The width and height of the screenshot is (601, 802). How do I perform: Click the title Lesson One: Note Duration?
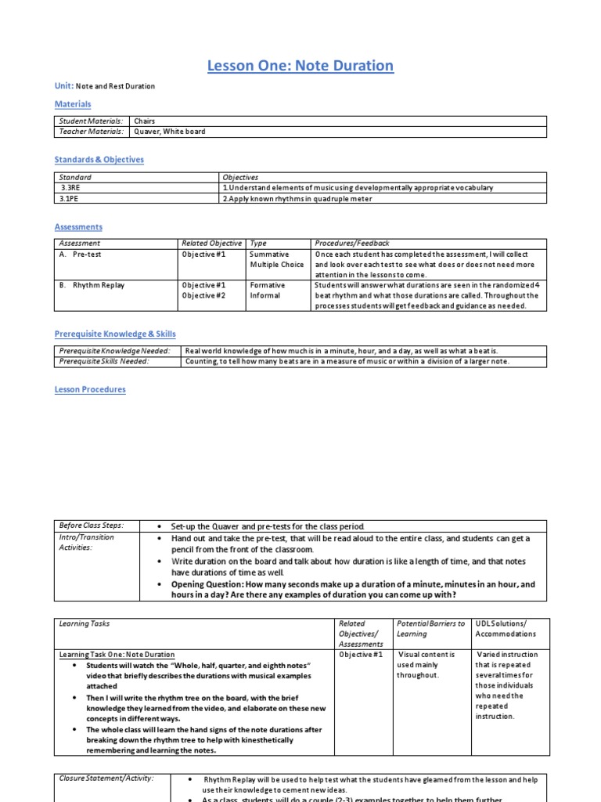click(x=300, y=66)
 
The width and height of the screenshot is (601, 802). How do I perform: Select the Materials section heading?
click(x=73, y=104)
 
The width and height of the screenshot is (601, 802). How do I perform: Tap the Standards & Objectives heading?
click(x=99, y=160)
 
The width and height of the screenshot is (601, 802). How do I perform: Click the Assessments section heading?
click(x=78, y=227)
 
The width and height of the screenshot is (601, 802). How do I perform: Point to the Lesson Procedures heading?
click(x=90, y=389)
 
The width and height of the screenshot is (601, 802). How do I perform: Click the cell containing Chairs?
click(x=145, y=121)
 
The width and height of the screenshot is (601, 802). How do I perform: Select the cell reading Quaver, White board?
click(x=170, y=132)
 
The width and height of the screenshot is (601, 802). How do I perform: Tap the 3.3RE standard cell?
click(x=72, y=188)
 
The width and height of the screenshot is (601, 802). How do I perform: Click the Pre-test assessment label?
click(x=86, y=255)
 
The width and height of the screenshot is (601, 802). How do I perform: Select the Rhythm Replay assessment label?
click(x=98, y=285)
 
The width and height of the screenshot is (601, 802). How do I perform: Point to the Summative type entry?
click(x=269, y=255)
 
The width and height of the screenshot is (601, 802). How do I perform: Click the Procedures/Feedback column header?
click(x=351, y=244)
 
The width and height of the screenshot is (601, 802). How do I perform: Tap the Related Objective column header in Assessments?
click(x=212, y=244)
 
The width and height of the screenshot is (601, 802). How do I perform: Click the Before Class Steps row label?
click(x=92, y=526)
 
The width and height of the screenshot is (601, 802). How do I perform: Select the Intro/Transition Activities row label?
click(x=87, y=542)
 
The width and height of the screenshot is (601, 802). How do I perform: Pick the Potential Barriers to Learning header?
click(x=430, y=629)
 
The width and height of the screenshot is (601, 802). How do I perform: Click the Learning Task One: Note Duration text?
click(x=117, y=655)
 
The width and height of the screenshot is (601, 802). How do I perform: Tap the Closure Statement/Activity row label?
click(x=106, y=779)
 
